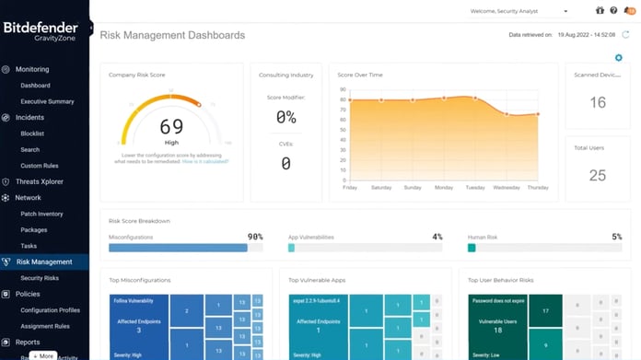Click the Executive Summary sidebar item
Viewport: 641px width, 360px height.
click(47, 101)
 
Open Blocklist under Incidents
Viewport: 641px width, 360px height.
click(33, 134)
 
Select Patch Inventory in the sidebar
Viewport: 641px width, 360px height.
click(41, 214)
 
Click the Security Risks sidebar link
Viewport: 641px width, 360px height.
click(40, 277)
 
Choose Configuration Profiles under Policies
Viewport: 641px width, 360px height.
click(51, 309)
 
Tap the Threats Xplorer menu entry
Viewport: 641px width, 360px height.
click(40, 181)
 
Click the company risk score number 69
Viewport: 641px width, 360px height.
click(171, 127)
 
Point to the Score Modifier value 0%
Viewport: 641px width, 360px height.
click(286, 118)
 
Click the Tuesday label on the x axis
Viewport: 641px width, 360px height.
click(475, 188)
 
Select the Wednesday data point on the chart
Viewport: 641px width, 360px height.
click(507, 114)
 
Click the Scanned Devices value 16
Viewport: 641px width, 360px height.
click(598, 103)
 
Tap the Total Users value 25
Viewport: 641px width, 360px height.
click(598, 176)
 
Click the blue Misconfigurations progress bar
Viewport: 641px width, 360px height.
click(178, 248)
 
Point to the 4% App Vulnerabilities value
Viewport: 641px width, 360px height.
click(437, 237)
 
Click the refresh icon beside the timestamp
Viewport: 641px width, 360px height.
click(625, 35)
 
